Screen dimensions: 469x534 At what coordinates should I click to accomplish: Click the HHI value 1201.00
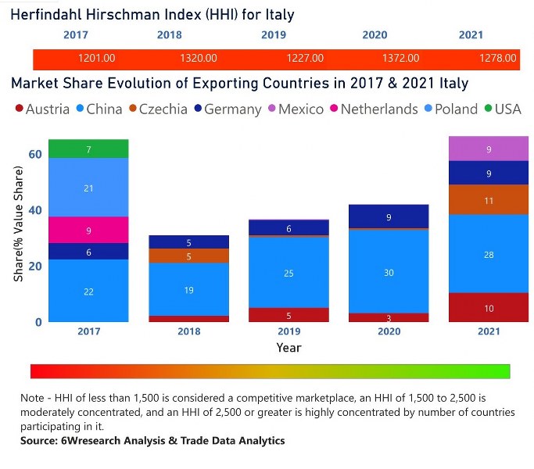tap(98, 58)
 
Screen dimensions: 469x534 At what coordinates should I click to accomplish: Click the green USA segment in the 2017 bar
tap(88, 149)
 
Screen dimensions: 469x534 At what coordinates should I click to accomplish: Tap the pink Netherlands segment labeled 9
tap(88, 230)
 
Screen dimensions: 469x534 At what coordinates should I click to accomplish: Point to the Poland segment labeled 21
tap(88, 188)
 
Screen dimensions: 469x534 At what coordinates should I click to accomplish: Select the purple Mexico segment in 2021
tap(488, 149)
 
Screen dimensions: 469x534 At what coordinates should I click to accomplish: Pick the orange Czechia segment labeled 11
tap(488, 200)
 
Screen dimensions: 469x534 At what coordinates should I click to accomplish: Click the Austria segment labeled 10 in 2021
tap(488, 307)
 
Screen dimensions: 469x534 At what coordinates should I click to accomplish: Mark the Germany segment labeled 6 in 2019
tap(289, 227)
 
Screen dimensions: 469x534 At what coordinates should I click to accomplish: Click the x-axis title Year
tap(289, 347)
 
